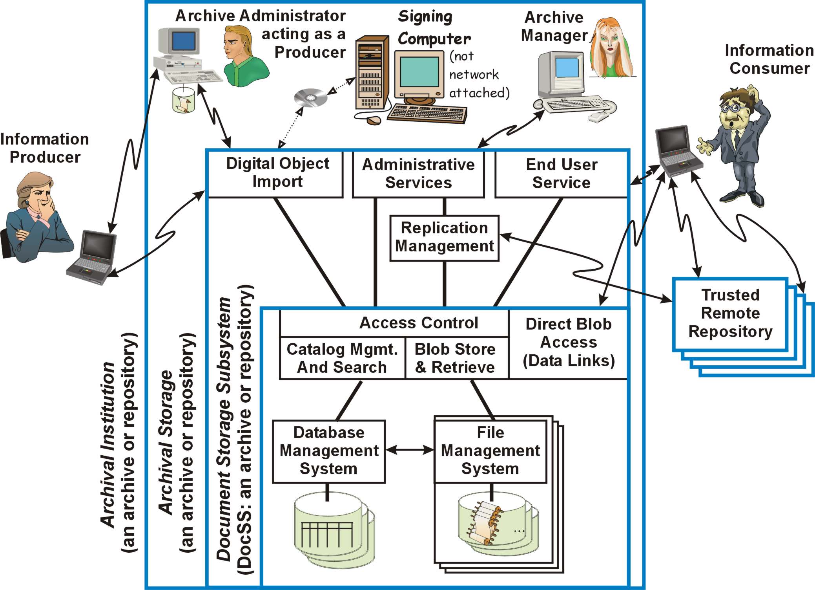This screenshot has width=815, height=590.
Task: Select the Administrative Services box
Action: tap(418, 174)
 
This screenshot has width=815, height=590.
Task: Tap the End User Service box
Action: tap(561, 174)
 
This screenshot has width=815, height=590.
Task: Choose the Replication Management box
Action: tap(444, 237)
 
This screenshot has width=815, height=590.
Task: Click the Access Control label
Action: tap(418, 323)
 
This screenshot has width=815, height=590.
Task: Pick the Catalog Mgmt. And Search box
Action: tap(342, 358)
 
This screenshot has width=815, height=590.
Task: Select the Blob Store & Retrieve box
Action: tap(455, 358)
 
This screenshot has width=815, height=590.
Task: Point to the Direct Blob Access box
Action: tap(568, 343)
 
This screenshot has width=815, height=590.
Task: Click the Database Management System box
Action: tap(329, 451)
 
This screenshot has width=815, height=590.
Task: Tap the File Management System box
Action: tap(490, 451)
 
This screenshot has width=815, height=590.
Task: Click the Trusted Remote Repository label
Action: tap(730, 313)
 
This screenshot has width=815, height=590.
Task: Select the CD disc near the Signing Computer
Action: tap(311, 97)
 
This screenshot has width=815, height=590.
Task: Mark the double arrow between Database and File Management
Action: tap(410, 450)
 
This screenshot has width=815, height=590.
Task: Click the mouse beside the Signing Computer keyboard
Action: tap(373, 119)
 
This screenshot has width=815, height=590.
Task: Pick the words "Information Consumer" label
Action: tap(769, 59)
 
